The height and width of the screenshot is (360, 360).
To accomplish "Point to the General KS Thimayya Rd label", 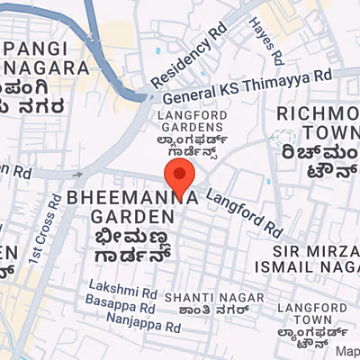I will (x=253, y=85).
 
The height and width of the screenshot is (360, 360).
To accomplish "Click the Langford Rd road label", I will (x=243, y=208).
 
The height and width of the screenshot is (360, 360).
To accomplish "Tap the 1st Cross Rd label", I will (x=44, y=229).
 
